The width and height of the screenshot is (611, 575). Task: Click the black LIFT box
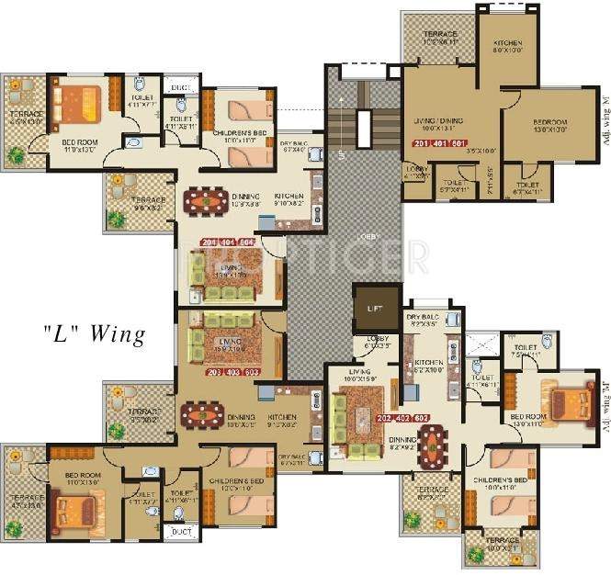click(376, 309)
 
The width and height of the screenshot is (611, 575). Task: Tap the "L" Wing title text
click(94, 333)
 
